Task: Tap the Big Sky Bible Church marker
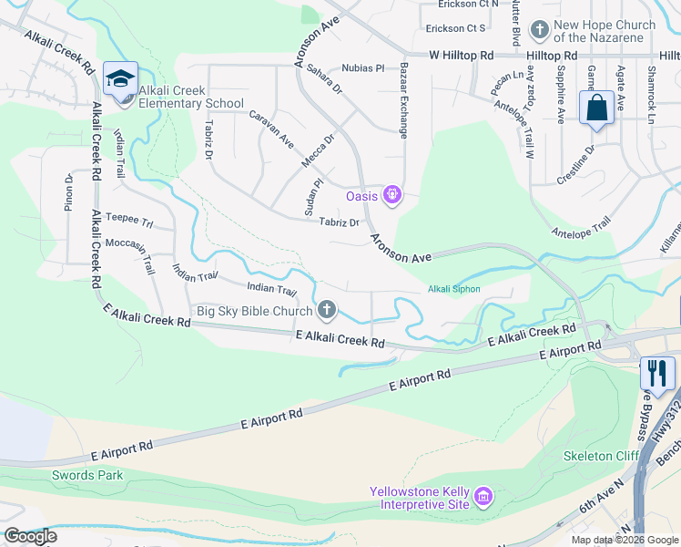point(326,311)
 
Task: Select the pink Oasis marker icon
point(392,194)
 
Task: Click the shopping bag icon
point(595,106)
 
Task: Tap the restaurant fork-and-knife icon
point(656,372)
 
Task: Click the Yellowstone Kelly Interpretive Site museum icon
point(483,498)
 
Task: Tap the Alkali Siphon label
point(453,289)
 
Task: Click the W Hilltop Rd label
point(461,56)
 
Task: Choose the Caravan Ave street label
point(272,129)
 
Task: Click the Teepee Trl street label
point(128,219)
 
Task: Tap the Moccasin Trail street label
point(130,253)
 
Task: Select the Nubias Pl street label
point(364,68)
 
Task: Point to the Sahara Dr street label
point(324,79)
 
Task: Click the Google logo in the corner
point(29,536)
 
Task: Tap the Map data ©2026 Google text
point(624,540)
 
